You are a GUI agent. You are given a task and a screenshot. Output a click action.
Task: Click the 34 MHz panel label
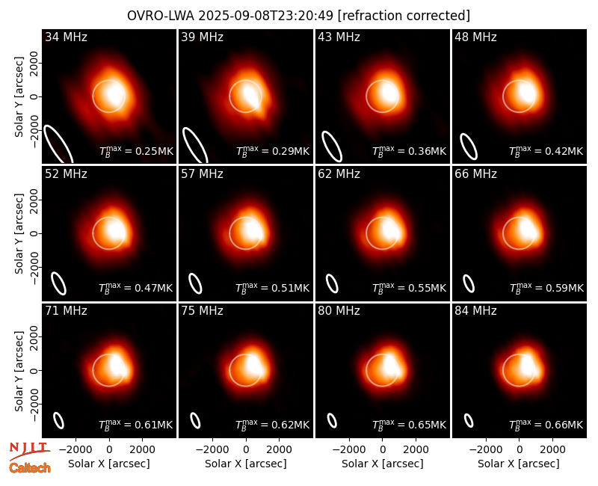(66, 37)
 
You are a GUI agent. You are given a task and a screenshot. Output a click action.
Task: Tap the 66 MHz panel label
(475, 174)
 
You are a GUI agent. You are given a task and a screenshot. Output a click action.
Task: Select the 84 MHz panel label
(475, 311)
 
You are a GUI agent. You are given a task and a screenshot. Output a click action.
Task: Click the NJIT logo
(29, 450)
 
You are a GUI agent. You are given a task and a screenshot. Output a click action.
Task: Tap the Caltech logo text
(30, 468)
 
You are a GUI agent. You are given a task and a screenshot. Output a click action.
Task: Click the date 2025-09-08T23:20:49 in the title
(266, 16)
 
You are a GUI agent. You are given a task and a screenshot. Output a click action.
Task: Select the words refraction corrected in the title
(404, 16)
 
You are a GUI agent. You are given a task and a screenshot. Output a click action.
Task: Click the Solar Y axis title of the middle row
(19, 233)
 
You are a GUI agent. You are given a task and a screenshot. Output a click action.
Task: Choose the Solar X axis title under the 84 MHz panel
(519, 464)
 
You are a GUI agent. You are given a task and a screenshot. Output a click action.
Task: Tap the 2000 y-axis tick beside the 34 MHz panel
(34, 64)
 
